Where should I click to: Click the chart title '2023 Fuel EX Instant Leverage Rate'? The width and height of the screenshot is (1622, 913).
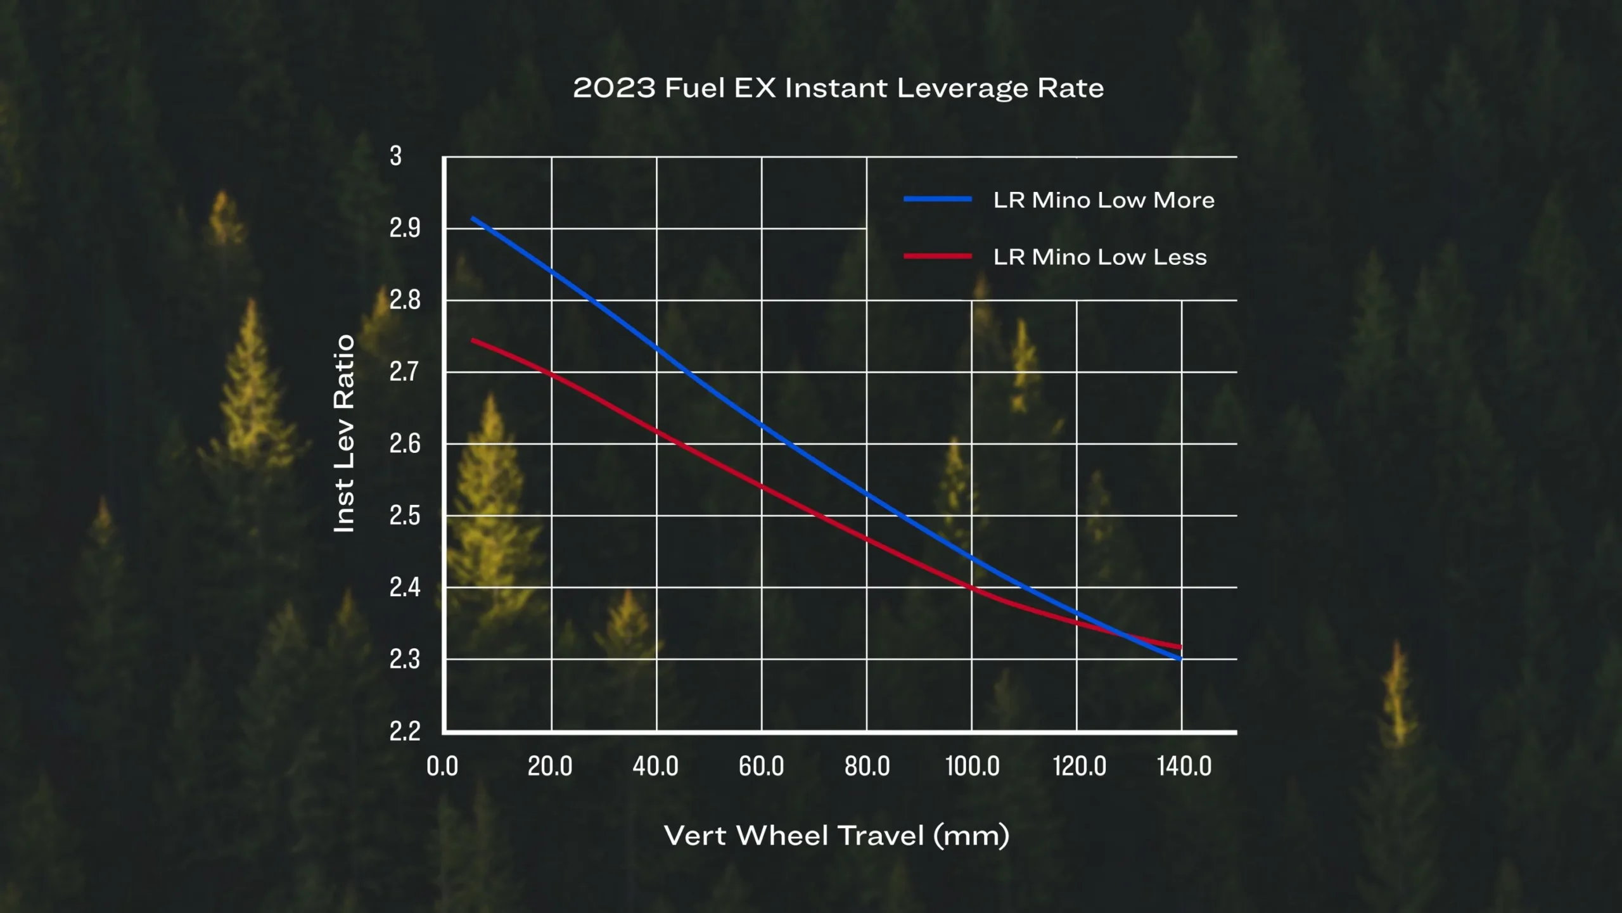[838, 88]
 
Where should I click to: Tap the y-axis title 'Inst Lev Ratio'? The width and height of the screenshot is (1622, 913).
[344, 434]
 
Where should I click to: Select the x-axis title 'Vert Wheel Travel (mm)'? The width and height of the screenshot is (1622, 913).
[836, 836]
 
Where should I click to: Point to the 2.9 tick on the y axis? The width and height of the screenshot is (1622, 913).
[405, 228]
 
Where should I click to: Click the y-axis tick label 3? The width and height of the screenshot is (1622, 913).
[396, 156]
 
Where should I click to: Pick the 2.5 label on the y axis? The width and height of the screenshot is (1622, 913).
[405, 516]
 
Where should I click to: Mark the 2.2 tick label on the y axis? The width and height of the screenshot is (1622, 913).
[405, 731]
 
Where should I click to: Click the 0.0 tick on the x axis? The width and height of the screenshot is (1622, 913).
[442, 767]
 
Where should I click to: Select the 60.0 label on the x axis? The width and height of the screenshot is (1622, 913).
[762, 767]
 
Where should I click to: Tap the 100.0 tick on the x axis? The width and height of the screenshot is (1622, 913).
[973, 767]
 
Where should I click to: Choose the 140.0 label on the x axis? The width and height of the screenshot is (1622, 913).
[1184, 767]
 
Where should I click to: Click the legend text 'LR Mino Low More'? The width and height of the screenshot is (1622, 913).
[1104, 200]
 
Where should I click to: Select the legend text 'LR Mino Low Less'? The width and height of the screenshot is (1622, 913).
[1100, 257]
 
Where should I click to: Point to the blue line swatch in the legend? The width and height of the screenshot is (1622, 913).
[938, 199]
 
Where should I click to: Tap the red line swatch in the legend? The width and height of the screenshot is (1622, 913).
[938, 256]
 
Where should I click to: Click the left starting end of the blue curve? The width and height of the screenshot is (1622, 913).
[472, 219]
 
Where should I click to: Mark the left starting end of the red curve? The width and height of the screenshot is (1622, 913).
[472, 340]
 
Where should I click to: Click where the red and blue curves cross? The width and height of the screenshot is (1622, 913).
[1122, 634]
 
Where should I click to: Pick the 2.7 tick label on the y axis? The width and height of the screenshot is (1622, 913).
[405, 372]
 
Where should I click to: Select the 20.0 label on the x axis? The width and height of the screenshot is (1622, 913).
[550, 767]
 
